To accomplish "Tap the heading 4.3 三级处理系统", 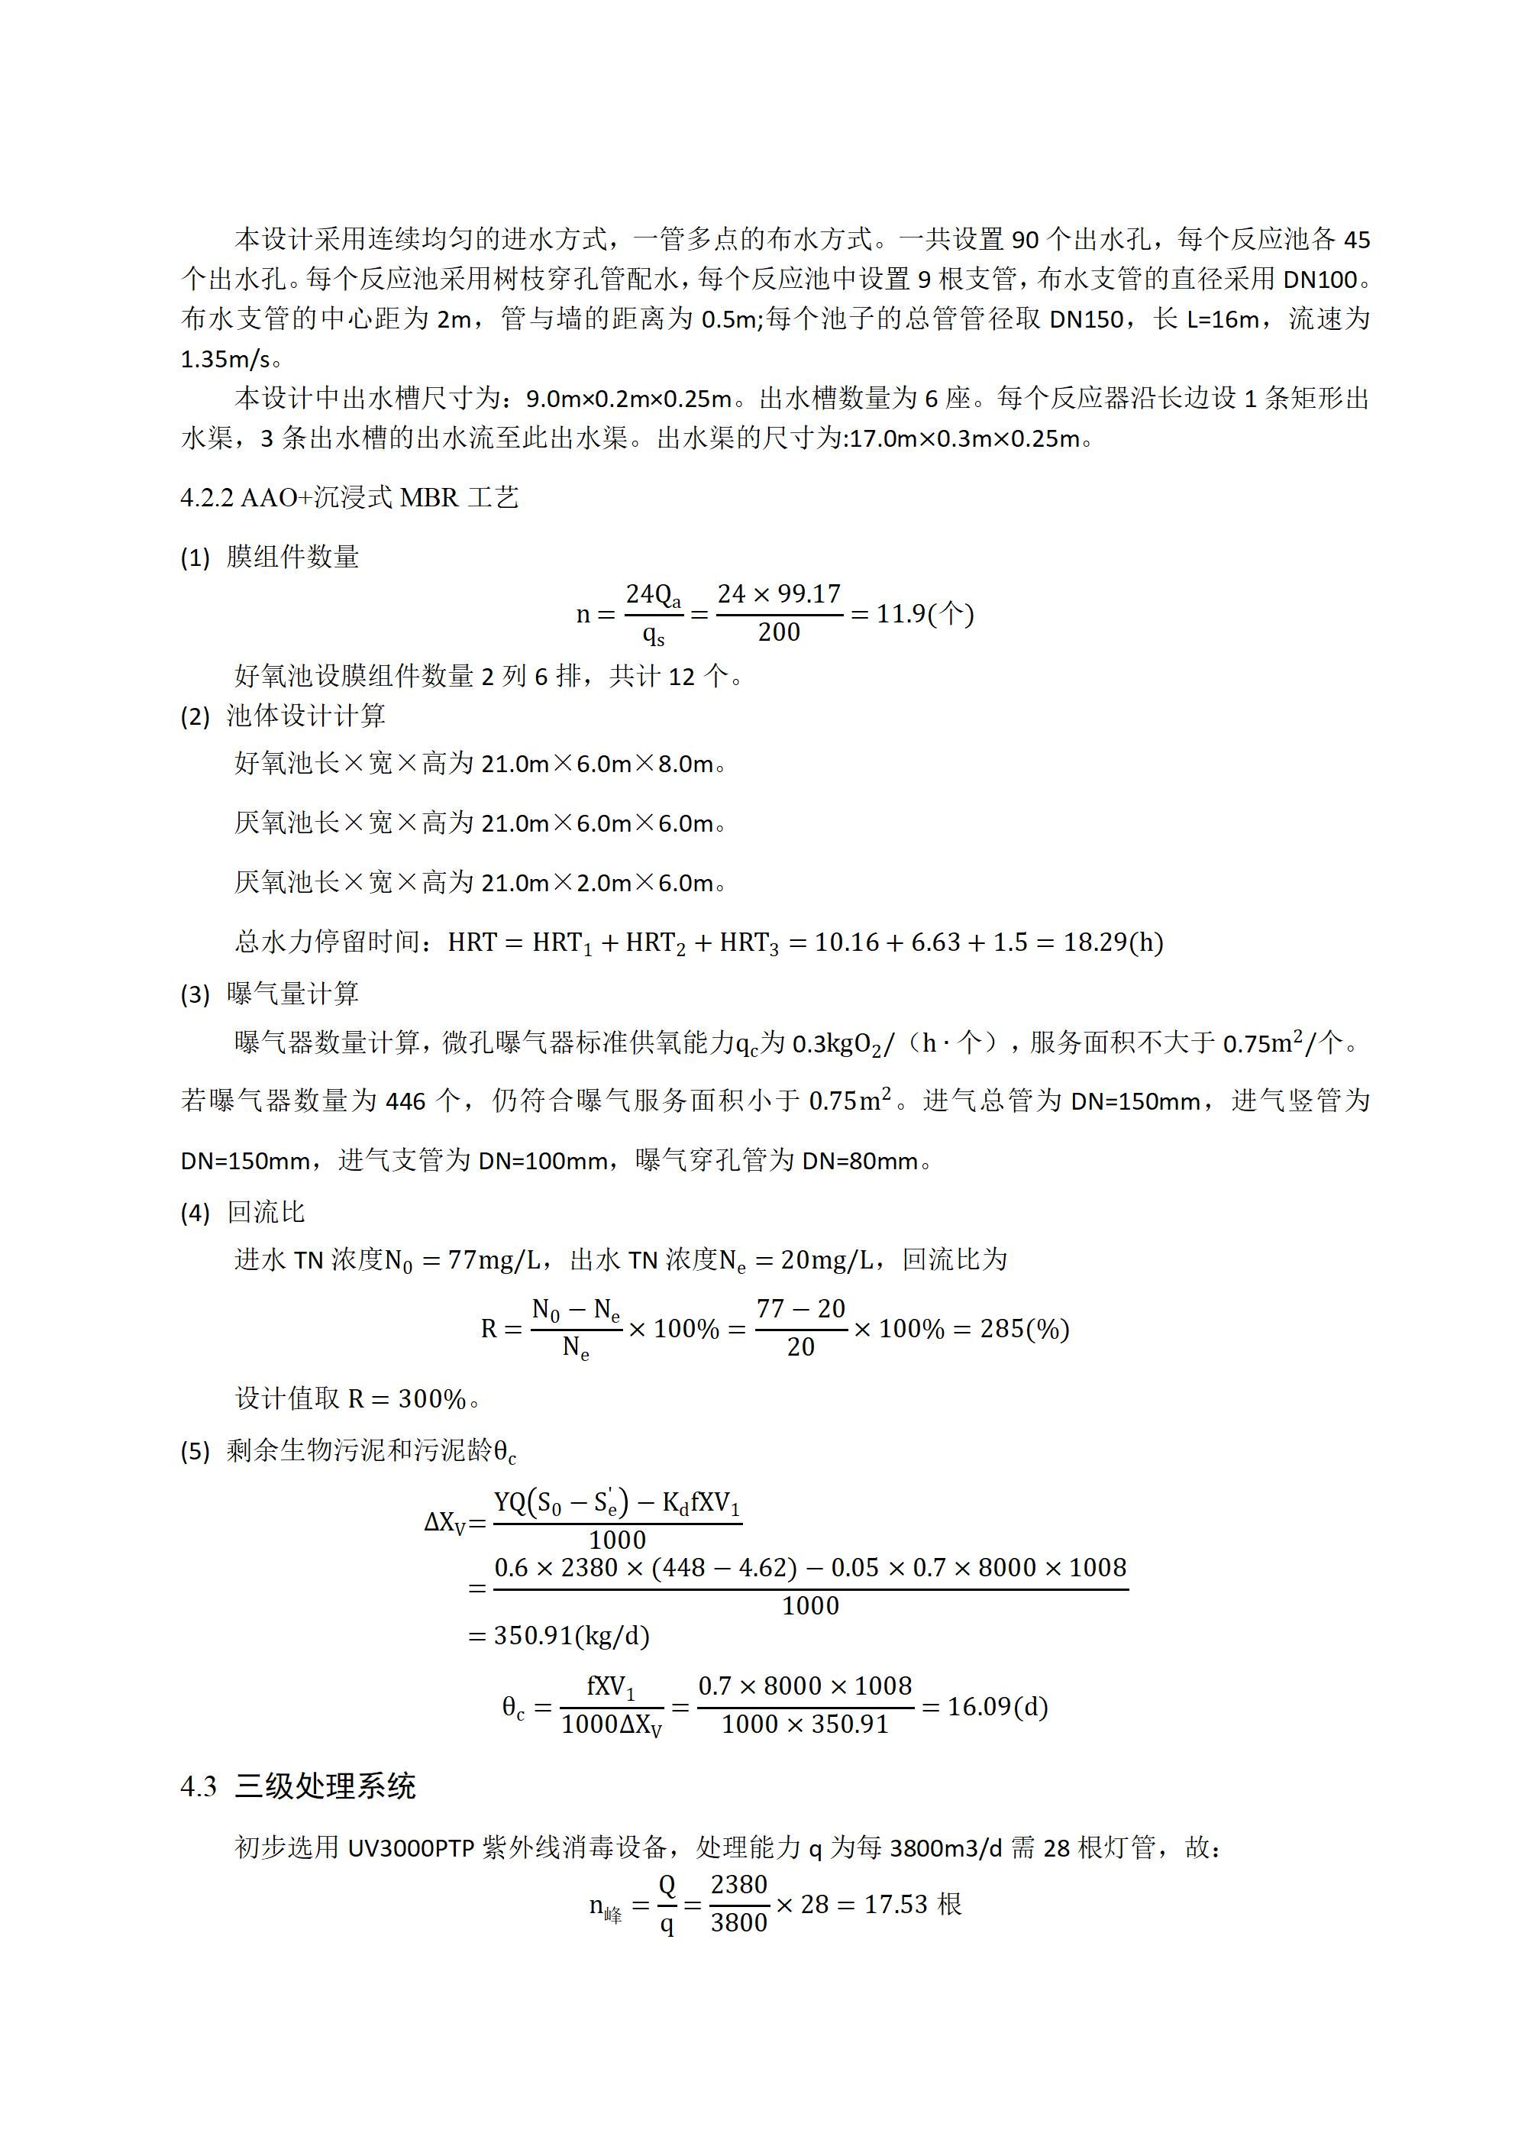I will (x=298, y=1786).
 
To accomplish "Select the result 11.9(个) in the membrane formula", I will (x=924, y=613).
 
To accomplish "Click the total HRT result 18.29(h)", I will (x=1113, y=942).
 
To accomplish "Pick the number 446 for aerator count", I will (x=405, y=1101).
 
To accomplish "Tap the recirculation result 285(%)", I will (x=1024, y=1328).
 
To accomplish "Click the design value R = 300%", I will (x=407, y=1398).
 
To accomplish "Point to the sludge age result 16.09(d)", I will (x=997, y=1706).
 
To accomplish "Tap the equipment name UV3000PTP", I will (x=411, y=1847).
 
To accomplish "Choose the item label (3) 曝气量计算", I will (x=270, y=994).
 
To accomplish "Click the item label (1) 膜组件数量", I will (x=270, y=558).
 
